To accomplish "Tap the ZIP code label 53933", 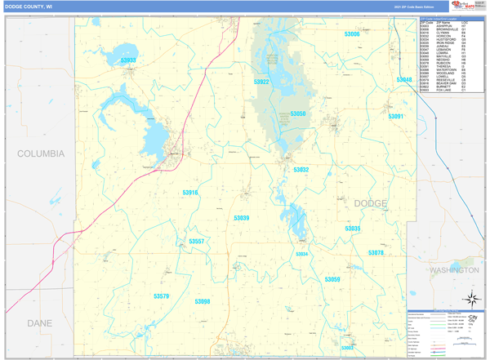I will coord(128,60).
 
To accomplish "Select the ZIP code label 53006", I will coord(351,34).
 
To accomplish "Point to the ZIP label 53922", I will coord(261,82).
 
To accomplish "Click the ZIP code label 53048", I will coord(403,80).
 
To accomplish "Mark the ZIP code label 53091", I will coord(395,117).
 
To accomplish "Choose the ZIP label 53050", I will coord(297,114).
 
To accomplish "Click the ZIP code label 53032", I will coord(301,170).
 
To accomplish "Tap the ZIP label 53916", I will coord(189,193).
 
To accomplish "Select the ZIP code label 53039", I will coord(242,218).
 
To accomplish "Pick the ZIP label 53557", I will coord(196,242).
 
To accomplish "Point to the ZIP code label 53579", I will coord(161,296).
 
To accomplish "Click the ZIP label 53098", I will coord(202,302).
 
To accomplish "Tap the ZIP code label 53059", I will coord(332,280).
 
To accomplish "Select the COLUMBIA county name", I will coord(41,153).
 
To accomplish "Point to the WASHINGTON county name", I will coord(453,269).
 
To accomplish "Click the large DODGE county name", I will coord(371,203).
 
